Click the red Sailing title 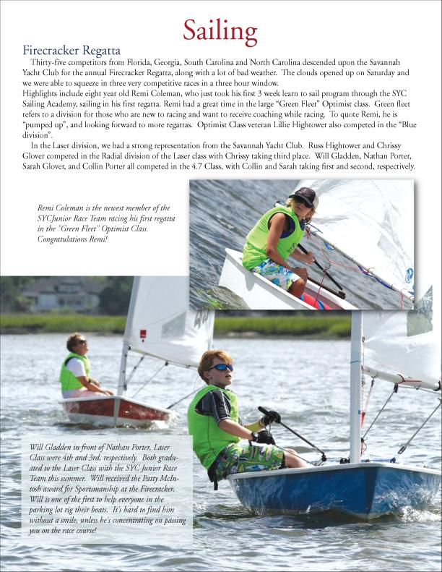coord(220,31)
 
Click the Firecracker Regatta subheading coord(71,51)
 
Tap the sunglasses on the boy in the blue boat coord(222,367)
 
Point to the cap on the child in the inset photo coord(304,195)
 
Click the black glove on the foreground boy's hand coord(269,417)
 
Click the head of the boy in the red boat coord(76,342)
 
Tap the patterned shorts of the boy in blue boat coord(242,458)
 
